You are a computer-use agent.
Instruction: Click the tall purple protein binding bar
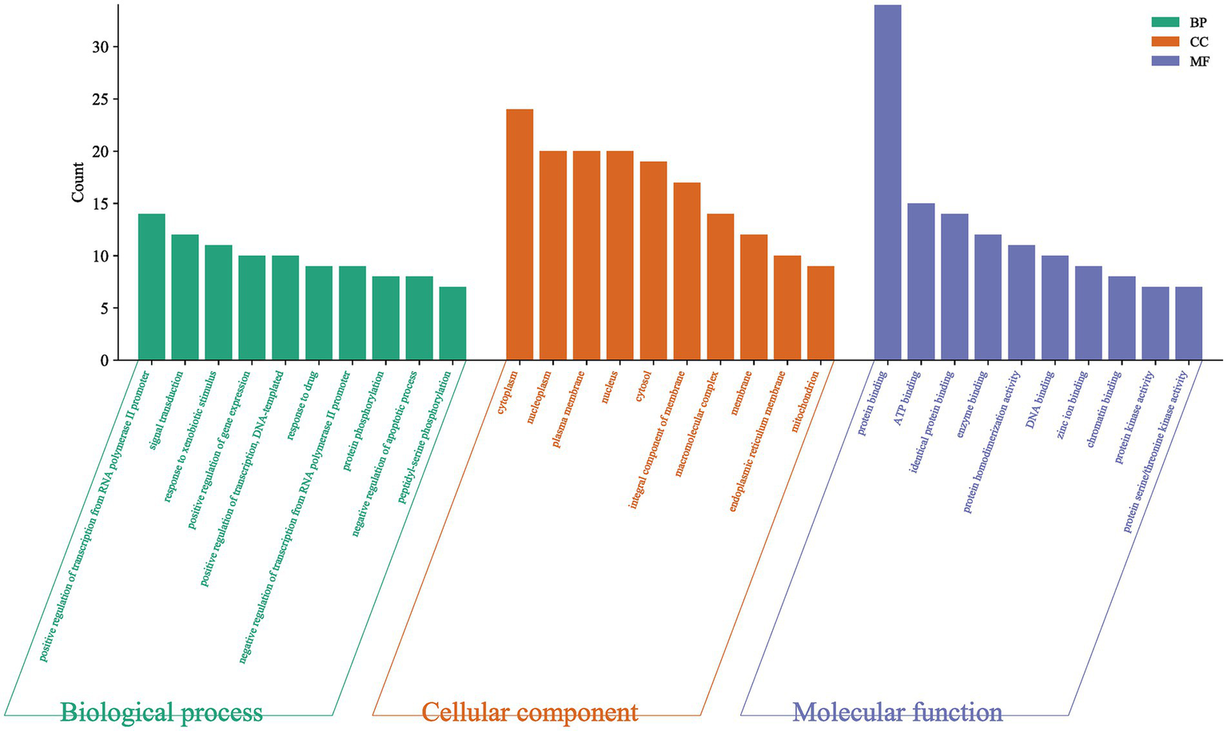pyautogui.click(x=887, y=184)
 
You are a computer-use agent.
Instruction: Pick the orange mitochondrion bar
pyautogui.click(x=821, y=314)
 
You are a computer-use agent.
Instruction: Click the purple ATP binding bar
pyautogui.click(x=921, y=282)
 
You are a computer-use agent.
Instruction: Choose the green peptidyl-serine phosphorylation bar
pyautogui.click(x=452, y=324)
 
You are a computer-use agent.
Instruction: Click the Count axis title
pyautogui.click(x=78, y=182)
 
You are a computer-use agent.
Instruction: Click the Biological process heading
pyautogui.click(x=161, y=711)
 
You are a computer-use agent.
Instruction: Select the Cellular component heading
pyautogui.click(x=529, y=711)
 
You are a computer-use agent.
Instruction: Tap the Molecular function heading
pyautogui.click(x=897, y=711)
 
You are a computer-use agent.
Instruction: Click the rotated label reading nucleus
pyautogui.click(x=611, y=386)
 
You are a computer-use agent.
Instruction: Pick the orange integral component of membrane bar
pyautogui.click(x=687, y=272)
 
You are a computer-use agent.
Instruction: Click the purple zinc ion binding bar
pyautogui.click(x=1088, y=314)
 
